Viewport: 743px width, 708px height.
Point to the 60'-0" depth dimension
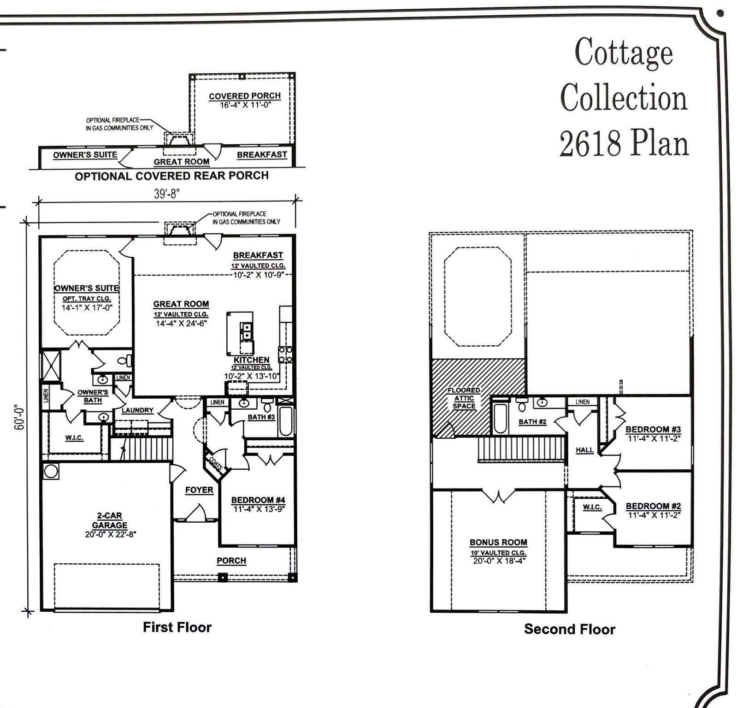(x=19, y=418)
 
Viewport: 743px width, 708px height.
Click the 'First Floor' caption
(x=177, y=627)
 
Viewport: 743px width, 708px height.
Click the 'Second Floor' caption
(x=569, y=629)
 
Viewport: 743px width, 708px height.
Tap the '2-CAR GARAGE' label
(x=109, y=520)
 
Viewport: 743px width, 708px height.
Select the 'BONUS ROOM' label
(x=498, y=543)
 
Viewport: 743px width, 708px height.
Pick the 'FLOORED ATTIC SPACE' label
(x=464, y=398)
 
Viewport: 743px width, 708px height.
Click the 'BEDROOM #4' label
(x=258, y=500)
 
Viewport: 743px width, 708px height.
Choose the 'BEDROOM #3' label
(x=653, y=430)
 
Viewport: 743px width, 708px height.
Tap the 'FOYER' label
(x=199, y=490)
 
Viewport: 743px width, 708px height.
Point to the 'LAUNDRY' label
(x=137, y=410)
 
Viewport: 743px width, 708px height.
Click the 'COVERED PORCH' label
(x=245, y=96)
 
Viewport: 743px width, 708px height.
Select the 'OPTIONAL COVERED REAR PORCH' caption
(x=171, y=176)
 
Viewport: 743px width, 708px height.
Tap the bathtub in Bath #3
(x=285, y=421)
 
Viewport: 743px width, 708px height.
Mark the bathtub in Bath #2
(x=500, y=418)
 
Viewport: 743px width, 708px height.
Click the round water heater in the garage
(x=50, y=472)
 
